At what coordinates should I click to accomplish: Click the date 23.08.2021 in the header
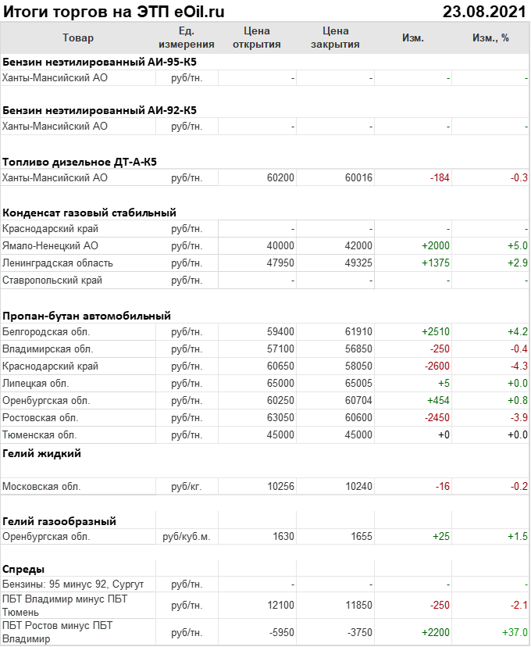(484, 11)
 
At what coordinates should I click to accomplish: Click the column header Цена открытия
(257, 38)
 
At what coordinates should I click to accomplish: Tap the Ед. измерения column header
(186, 38)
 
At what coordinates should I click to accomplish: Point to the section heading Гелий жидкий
(41, 453)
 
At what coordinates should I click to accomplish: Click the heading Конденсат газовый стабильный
(89, 212)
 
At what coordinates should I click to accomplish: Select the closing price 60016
(358, 178)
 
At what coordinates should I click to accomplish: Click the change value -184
(440, 178)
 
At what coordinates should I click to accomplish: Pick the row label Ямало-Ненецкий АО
(51, 245)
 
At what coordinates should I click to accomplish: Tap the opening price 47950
(280, 263)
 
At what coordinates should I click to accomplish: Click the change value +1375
(436, 263)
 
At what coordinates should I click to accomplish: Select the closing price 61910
(358, 331)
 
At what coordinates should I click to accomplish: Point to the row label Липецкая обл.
(36, 383)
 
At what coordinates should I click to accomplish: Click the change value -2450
(437, 417)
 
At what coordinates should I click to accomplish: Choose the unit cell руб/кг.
(186, 486)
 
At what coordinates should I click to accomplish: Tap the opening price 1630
(283, 537)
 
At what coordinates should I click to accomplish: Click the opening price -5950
(282, 632)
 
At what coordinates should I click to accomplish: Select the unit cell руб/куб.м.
(186, 537)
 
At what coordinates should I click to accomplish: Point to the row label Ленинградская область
(58, 263)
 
